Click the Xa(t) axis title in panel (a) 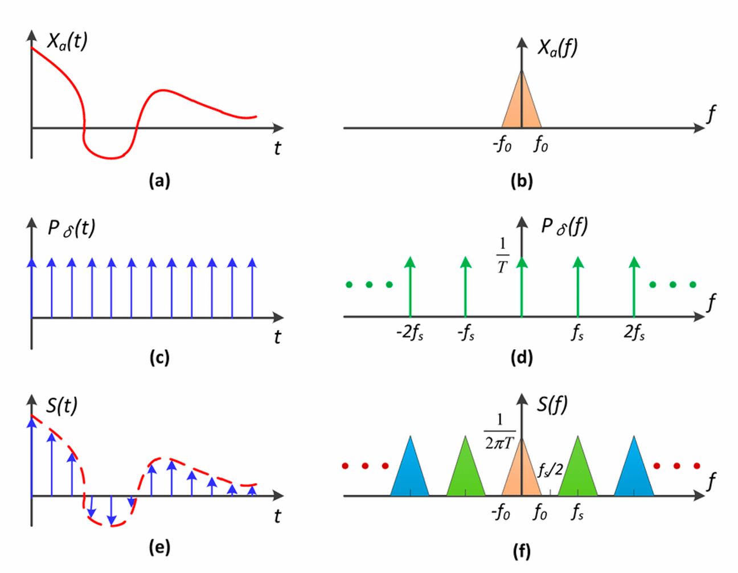pos(67,42)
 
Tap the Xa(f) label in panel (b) pos(557,48)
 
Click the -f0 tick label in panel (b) pos(502,145)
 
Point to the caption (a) pos(159,181)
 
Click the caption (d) pos(522,358)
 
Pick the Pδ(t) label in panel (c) pos(71,228)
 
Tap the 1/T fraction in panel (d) pos(502,255)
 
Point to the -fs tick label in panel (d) pos(466,333)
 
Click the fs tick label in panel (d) pos(577,333)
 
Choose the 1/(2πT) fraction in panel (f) pos(500,431)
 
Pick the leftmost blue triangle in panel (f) pos(409,473)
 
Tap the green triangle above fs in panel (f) pos(577,473)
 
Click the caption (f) pos(522,551)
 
